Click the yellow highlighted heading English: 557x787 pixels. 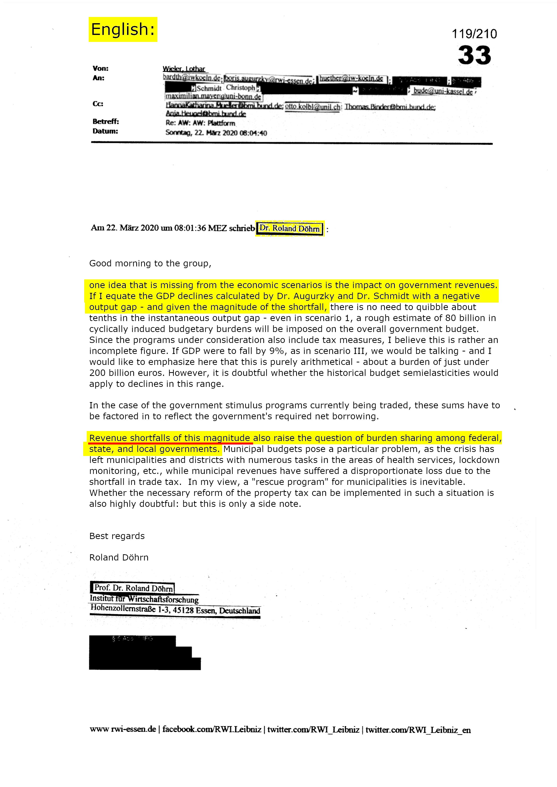(x=123, y=29)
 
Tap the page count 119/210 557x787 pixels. (x=474, y=34)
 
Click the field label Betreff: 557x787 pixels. (x=106, y=121)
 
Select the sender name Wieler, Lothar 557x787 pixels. (x=184, y=69)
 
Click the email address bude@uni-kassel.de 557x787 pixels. (x=443, y=92)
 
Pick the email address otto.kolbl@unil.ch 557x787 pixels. (x=312, y=107)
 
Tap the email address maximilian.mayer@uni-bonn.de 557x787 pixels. (x=213, y=97)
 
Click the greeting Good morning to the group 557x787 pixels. (x=150, y=263)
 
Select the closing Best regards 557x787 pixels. (x=117, y=536)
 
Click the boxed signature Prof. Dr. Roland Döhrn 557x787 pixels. (x=133, y=588)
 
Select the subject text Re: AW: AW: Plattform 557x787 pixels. (x=200, y=123)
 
